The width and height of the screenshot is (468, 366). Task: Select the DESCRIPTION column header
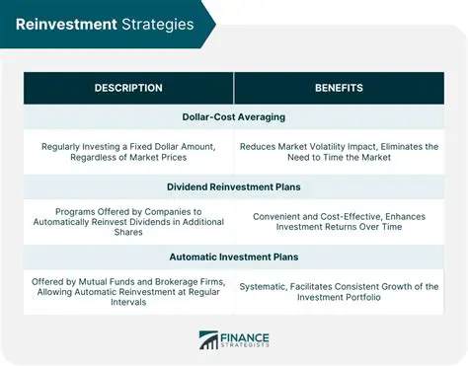[x=128, y=88]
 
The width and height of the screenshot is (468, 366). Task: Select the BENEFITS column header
[x=339, y=88]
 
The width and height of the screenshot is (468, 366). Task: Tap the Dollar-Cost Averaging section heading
[x=234, y=116]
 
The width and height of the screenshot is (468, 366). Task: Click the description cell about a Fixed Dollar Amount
[x=128, y=152]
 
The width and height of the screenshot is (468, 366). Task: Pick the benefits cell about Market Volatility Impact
[x=339, y=152]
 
